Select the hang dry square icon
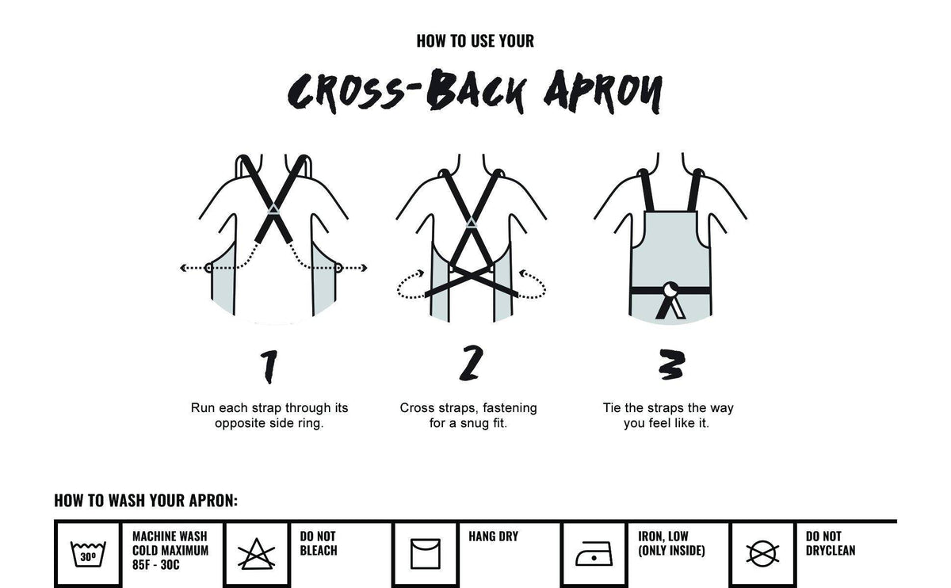click(x=425, y=552)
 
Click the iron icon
click(x=593, y=552)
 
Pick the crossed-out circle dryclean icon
click(x=762, y=552)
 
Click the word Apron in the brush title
click(x=602, y=91)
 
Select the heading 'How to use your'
click(x=475, y=40)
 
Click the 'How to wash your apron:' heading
click(x=146, y=501)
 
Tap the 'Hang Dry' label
click(x=493, y=536)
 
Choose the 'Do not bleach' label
click(x=319, y=544)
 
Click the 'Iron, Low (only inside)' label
click(x=671, y=544)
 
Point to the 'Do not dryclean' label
click(x=831, y=544)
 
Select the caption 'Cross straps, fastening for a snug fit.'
click(x=468, y=415)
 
